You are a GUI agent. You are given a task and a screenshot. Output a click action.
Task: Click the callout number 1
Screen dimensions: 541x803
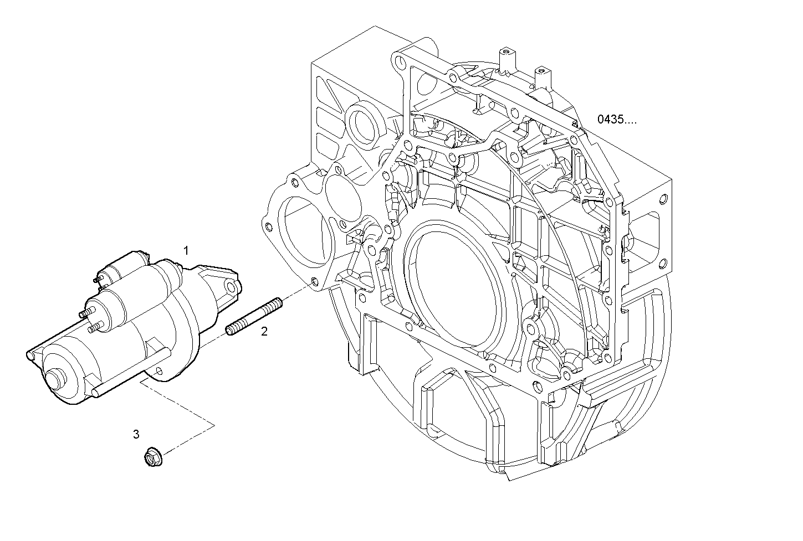[186, 251]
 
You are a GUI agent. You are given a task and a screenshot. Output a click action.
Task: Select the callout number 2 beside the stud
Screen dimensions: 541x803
[264, 332]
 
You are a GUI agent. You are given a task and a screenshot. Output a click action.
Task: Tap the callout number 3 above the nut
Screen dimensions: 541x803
[136, 434]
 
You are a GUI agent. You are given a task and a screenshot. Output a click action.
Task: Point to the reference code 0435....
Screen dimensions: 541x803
[616, 119]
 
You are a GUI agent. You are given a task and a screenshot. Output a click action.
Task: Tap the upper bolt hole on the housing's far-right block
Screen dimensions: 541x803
[663, 199]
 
